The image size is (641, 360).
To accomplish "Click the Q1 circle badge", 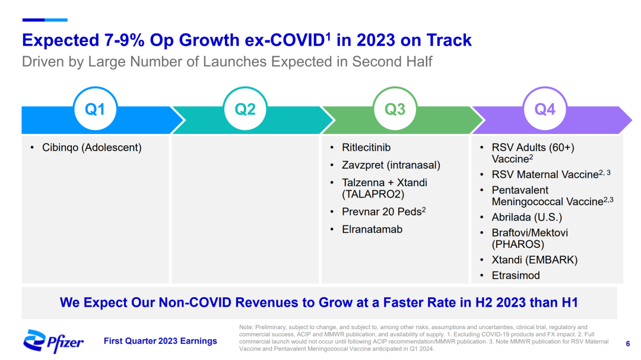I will coord(95,110).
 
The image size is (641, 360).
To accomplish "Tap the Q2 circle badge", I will coord(245,110).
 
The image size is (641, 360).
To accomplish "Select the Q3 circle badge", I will coord(395,110).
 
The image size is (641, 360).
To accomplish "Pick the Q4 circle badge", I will coord(545,110).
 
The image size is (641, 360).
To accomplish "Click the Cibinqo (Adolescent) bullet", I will coord(91,148).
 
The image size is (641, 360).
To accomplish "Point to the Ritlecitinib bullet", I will coord(366,148).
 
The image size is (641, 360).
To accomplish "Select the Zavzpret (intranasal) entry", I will coord(391,165).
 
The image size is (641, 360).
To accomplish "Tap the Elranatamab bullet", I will coord(372,230).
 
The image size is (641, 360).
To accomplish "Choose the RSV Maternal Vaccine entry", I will coord(543,174).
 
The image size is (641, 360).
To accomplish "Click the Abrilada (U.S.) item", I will coord(526,217).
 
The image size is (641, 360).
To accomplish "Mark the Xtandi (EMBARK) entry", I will coord(534,260).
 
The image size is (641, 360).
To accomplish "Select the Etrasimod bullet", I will coord(516,275).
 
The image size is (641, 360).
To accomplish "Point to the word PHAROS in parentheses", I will coord(518,244).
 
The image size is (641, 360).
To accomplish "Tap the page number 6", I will coord(628,343).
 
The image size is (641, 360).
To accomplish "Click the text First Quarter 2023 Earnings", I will coord(160,341).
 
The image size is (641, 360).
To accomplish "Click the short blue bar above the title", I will coord(45,20).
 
